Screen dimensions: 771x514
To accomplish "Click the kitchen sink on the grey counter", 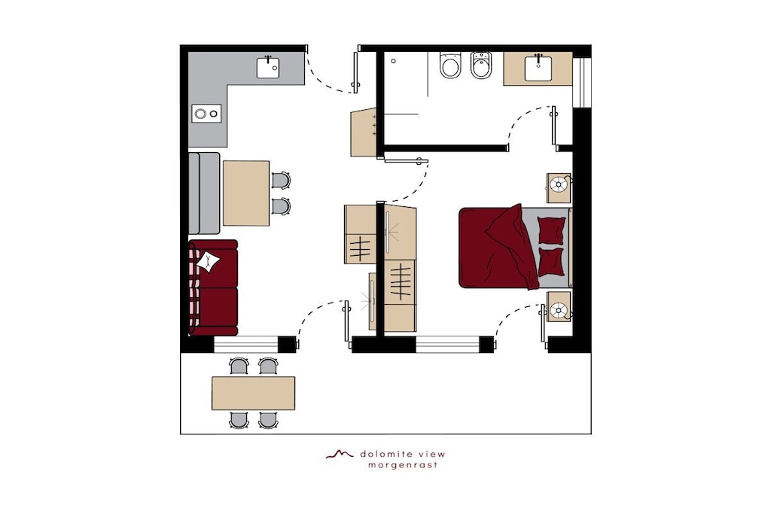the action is pyautogui.click(x=268, y=68).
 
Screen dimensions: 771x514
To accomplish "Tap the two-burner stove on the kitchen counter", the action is pyautogui.click(x=206, y=114).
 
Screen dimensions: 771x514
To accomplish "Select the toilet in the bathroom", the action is pyautogui.click(x=450, y=65).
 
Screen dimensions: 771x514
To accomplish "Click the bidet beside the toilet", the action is pyautogui.click(x=481, y=65).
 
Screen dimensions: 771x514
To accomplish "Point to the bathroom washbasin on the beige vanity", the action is pyautogui.click(x=538, y=68).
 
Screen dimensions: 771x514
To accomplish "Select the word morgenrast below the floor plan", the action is pyautogui.click(x=403, y=465).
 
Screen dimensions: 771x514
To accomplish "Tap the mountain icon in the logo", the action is pyautogui.click(x=340, y=454).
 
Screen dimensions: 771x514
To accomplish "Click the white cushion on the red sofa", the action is pyautogui.click(x=209, y=261).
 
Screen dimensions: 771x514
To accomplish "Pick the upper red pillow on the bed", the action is pyautogui.click(x=550, y=230).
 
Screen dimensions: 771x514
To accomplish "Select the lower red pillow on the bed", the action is pyautogui.click(x=550, y=262).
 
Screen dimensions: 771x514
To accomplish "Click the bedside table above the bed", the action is pyautogui.click(x=559, y=187).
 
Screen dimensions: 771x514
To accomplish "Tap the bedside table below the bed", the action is pyautogui.click(x=559, y=306).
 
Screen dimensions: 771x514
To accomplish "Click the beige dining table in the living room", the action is pyautogui.click(x=246, y=193).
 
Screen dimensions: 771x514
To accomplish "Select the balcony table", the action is pyautogui.click(x=253, y=393).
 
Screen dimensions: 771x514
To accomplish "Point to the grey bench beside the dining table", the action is pyautogui.click(x=204, y=193).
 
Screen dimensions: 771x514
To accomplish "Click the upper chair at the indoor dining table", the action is pyautogui.click(x=281, y=181).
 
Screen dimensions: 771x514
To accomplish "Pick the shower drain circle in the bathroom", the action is pyautogui.click(x=393, y=62).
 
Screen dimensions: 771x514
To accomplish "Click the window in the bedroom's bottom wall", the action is pyautogui.click(x=447, y=345).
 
